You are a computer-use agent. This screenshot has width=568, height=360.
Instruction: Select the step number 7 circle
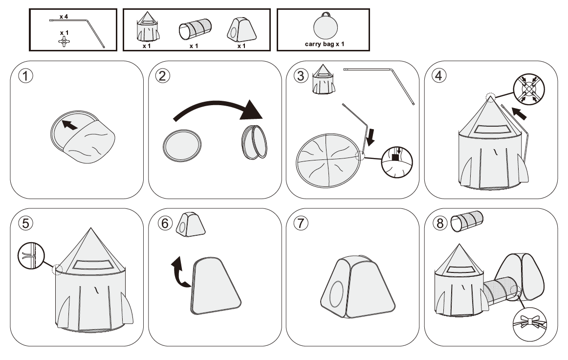tap(300, 223)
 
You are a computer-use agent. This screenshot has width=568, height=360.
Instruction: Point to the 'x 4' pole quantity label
tap(64, 17)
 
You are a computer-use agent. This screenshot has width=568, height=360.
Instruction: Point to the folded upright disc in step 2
tap(255, 142)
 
